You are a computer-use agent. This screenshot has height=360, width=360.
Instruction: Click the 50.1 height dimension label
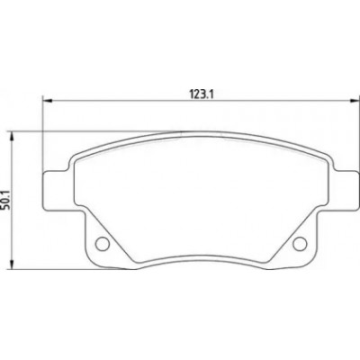point(4,199)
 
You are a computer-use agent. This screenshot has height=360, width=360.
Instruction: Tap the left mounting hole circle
point(102,244)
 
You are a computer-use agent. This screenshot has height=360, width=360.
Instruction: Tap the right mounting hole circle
point(300,244)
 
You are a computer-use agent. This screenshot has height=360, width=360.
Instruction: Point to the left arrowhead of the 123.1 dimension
point(48,102)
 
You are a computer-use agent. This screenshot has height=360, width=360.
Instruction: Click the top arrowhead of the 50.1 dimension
point(12,137)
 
